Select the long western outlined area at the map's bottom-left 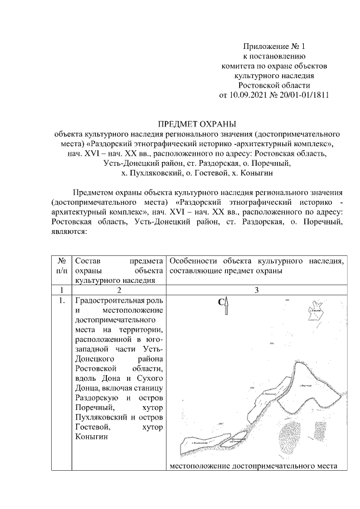[x=200, y=445]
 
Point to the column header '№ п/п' [x=63, y=265]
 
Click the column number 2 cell [x=119, y=290]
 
